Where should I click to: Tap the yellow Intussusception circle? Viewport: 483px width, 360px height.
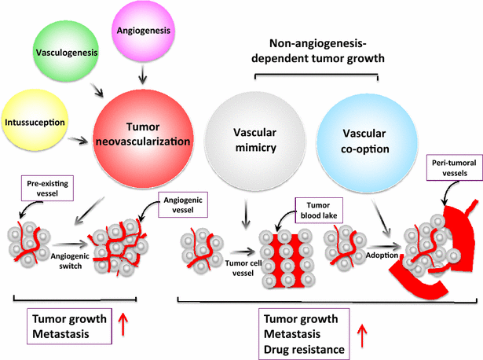35,123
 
